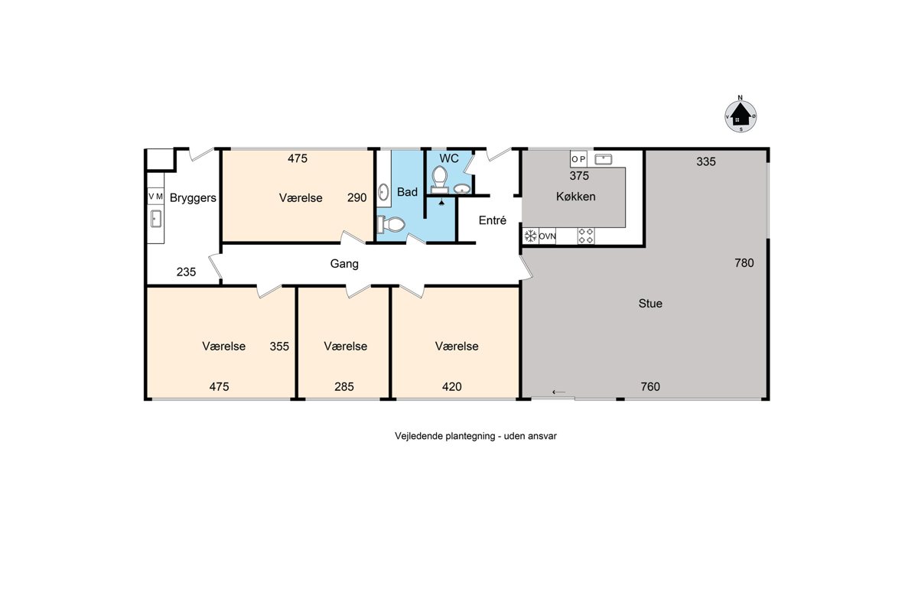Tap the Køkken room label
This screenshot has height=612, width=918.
click(575, 197)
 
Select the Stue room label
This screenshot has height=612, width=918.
click(650, 304)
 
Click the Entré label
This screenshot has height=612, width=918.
click(492, 220)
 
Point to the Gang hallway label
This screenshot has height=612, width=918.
click(344, 264)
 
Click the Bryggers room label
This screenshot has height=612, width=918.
click(193, 198)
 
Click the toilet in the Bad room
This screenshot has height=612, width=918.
click(391, 224)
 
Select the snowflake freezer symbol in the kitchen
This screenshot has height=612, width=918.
click(530, 236)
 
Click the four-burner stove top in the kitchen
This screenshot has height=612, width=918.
click(586, 236)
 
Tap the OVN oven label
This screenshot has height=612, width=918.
click(547, 236)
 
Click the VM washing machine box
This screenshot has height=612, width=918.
click(156, 197)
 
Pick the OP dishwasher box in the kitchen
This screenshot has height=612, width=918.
click(578, 159)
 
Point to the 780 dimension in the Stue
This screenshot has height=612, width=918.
click(744, 262)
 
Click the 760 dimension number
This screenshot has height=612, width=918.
click(650, 386)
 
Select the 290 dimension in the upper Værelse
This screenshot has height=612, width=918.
click(356, 197)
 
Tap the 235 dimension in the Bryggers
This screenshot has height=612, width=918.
click(186, 272)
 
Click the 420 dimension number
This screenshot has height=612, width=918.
click(451, 386)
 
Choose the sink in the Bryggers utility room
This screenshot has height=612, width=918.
click(156, 219)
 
